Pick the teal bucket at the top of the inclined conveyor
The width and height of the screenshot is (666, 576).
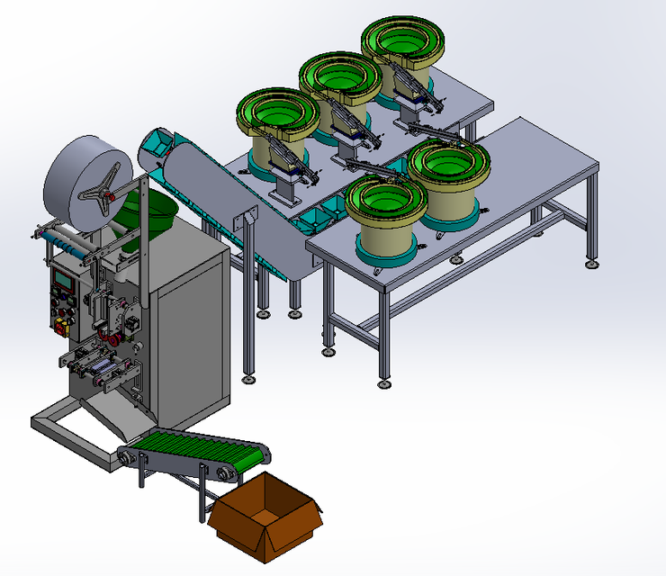156,144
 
